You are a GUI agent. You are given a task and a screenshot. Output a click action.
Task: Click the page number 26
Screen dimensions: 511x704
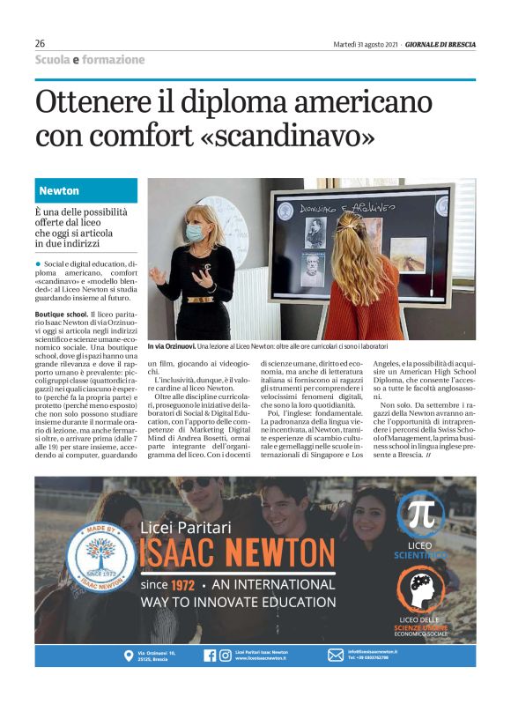pos(40,44)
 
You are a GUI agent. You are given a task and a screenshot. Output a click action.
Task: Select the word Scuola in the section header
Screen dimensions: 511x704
pos(51,60)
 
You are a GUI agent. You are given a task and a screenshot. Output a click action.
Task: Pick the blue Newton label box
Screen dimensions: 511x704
pos(86,190)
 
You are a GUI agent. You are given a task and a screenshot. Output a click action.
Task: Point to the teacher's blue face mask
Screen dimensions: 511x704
pos(196,233)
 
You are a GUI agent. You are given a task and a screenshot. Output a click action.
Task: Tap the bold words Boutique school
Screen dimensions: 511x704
pos(60,315)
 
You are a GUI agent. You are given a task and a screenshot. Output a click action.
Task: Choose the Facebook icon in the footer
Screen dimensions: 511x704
pos(210,655)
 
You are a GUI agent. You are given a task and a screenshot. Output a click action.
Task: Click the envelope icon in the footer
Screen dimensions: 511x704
pos(335,655)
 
